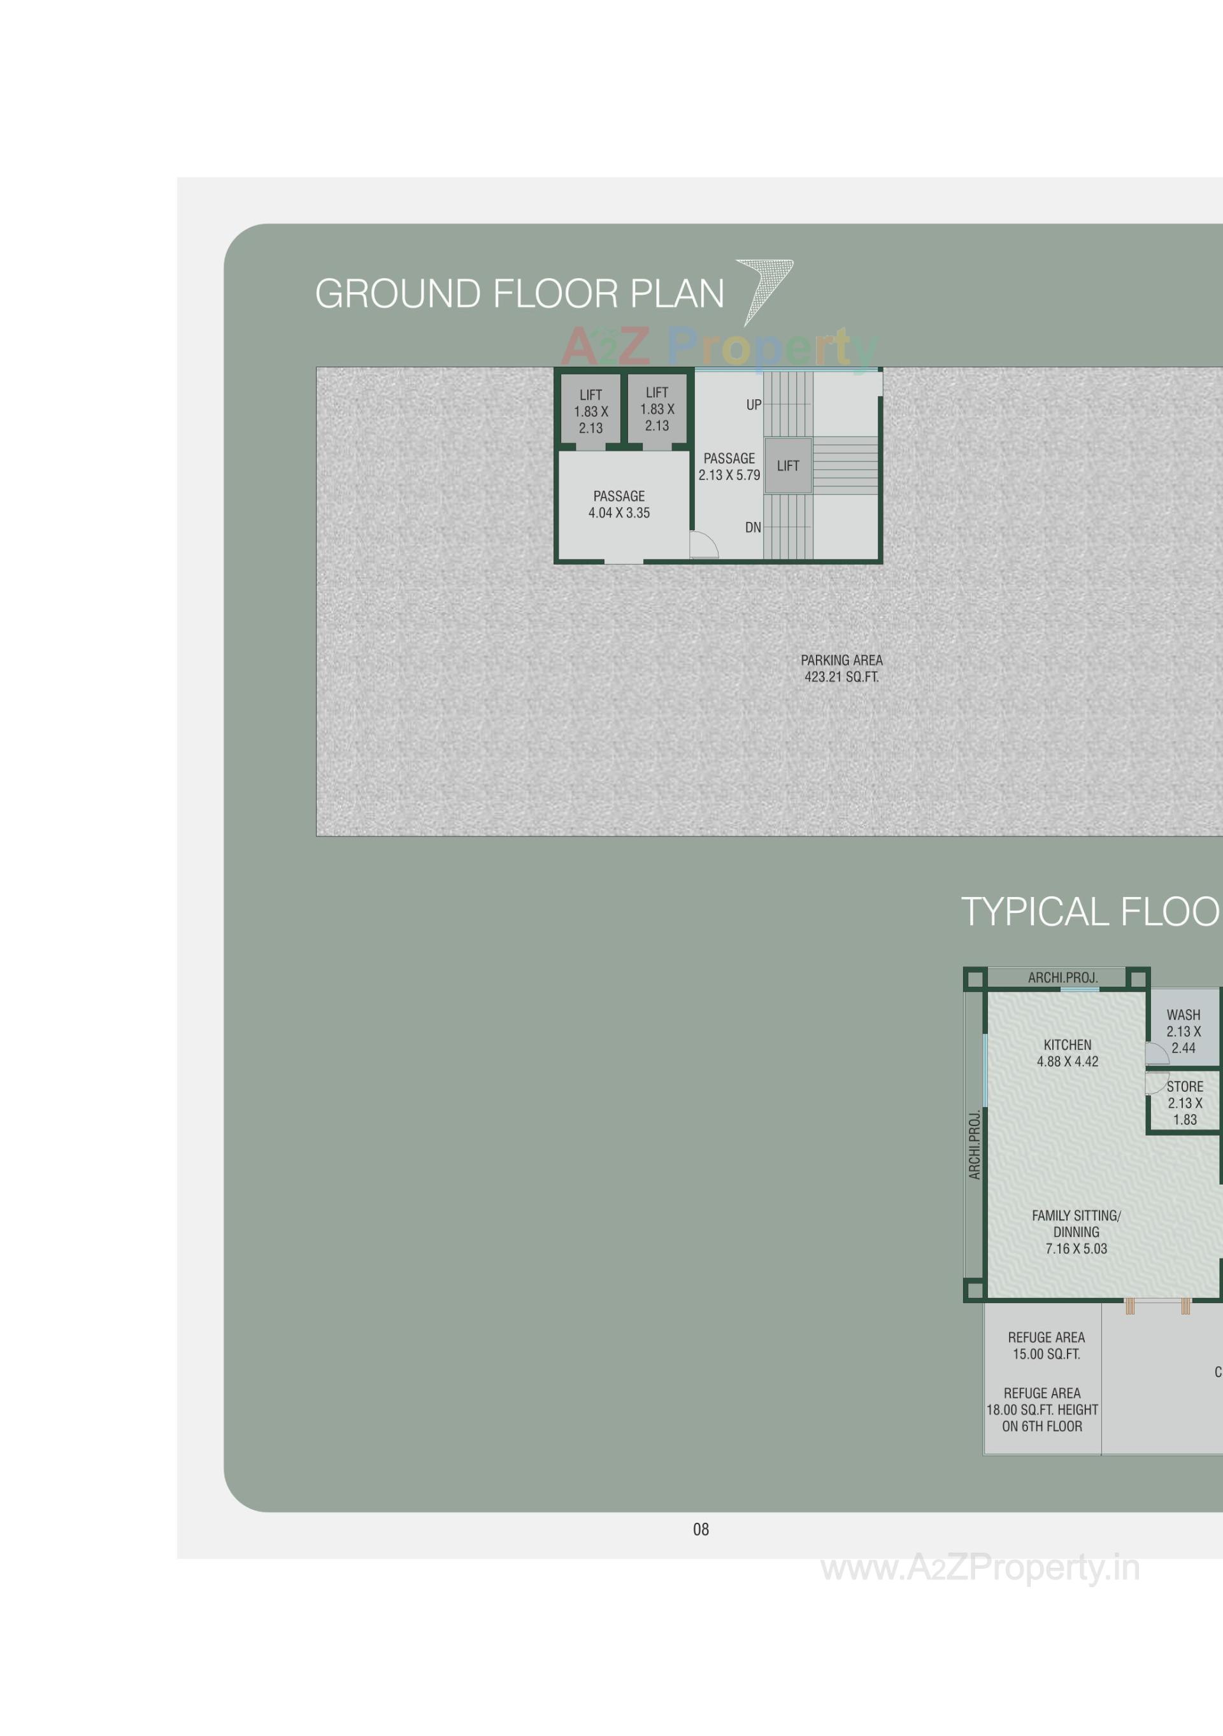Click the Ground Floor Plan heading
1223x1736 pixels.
519,294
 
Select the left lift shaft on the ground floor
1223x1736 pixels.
590,411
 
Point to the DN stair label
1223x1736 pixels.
752,528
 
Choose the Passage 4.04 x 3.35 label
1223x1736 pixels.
619,504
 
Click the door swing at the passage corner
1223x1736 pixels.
703,544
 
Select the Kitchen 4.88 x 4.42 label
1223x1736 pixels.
1066,1052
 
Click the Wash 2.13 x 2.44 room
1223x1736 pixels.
1183,1031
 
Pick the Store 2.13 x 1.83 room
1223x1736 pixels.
1184,1103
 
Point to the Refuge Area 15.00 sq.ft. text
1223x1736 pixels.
1046,1345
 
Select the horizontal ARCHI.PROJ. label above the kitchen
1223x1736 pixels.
1062,978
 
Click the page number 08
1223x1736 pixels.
701,1530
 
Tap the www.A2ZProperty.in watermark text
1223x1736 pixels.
980,1567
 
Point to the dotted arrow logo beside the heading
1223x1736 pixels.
766,287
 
